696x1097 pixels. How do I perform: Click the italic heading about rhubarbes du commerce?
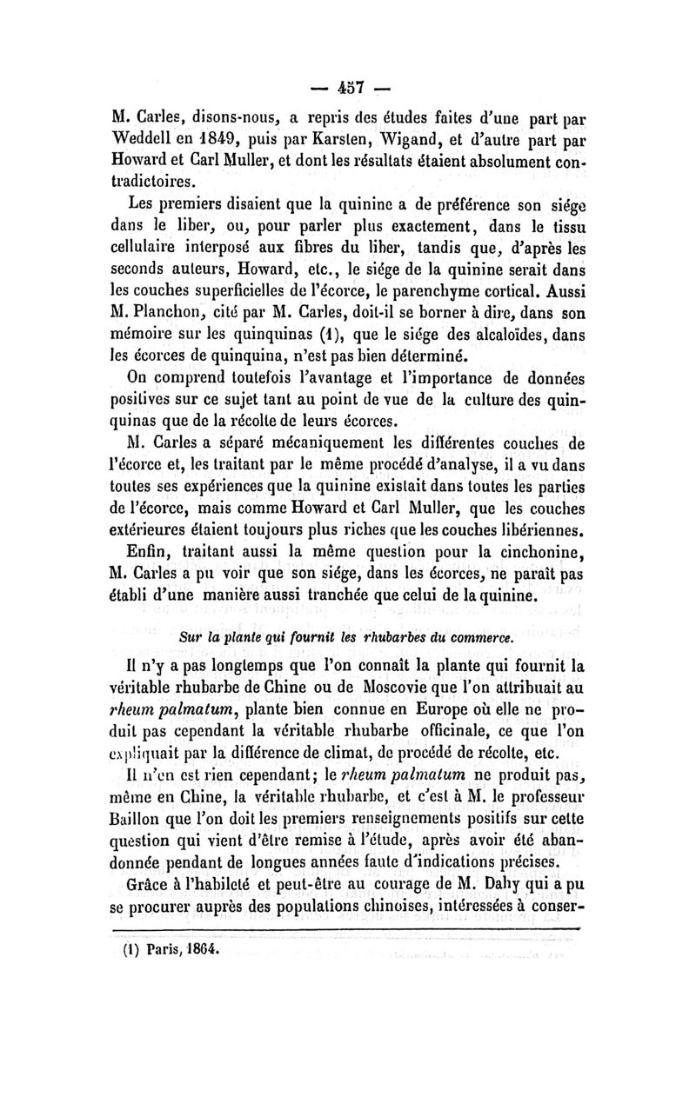pyautogui.click(x=347, y=637)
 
